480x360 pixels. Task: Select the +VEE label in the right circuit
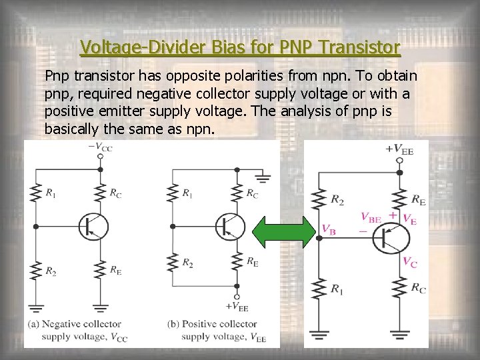[x=399, y=150]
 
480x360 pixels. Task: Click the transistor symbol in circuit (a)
[x=92, y=227]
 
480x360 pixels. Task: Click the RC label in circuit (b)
[x=251, y=194]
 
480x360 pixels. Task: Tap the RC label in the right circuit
[x=419, y=289]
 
